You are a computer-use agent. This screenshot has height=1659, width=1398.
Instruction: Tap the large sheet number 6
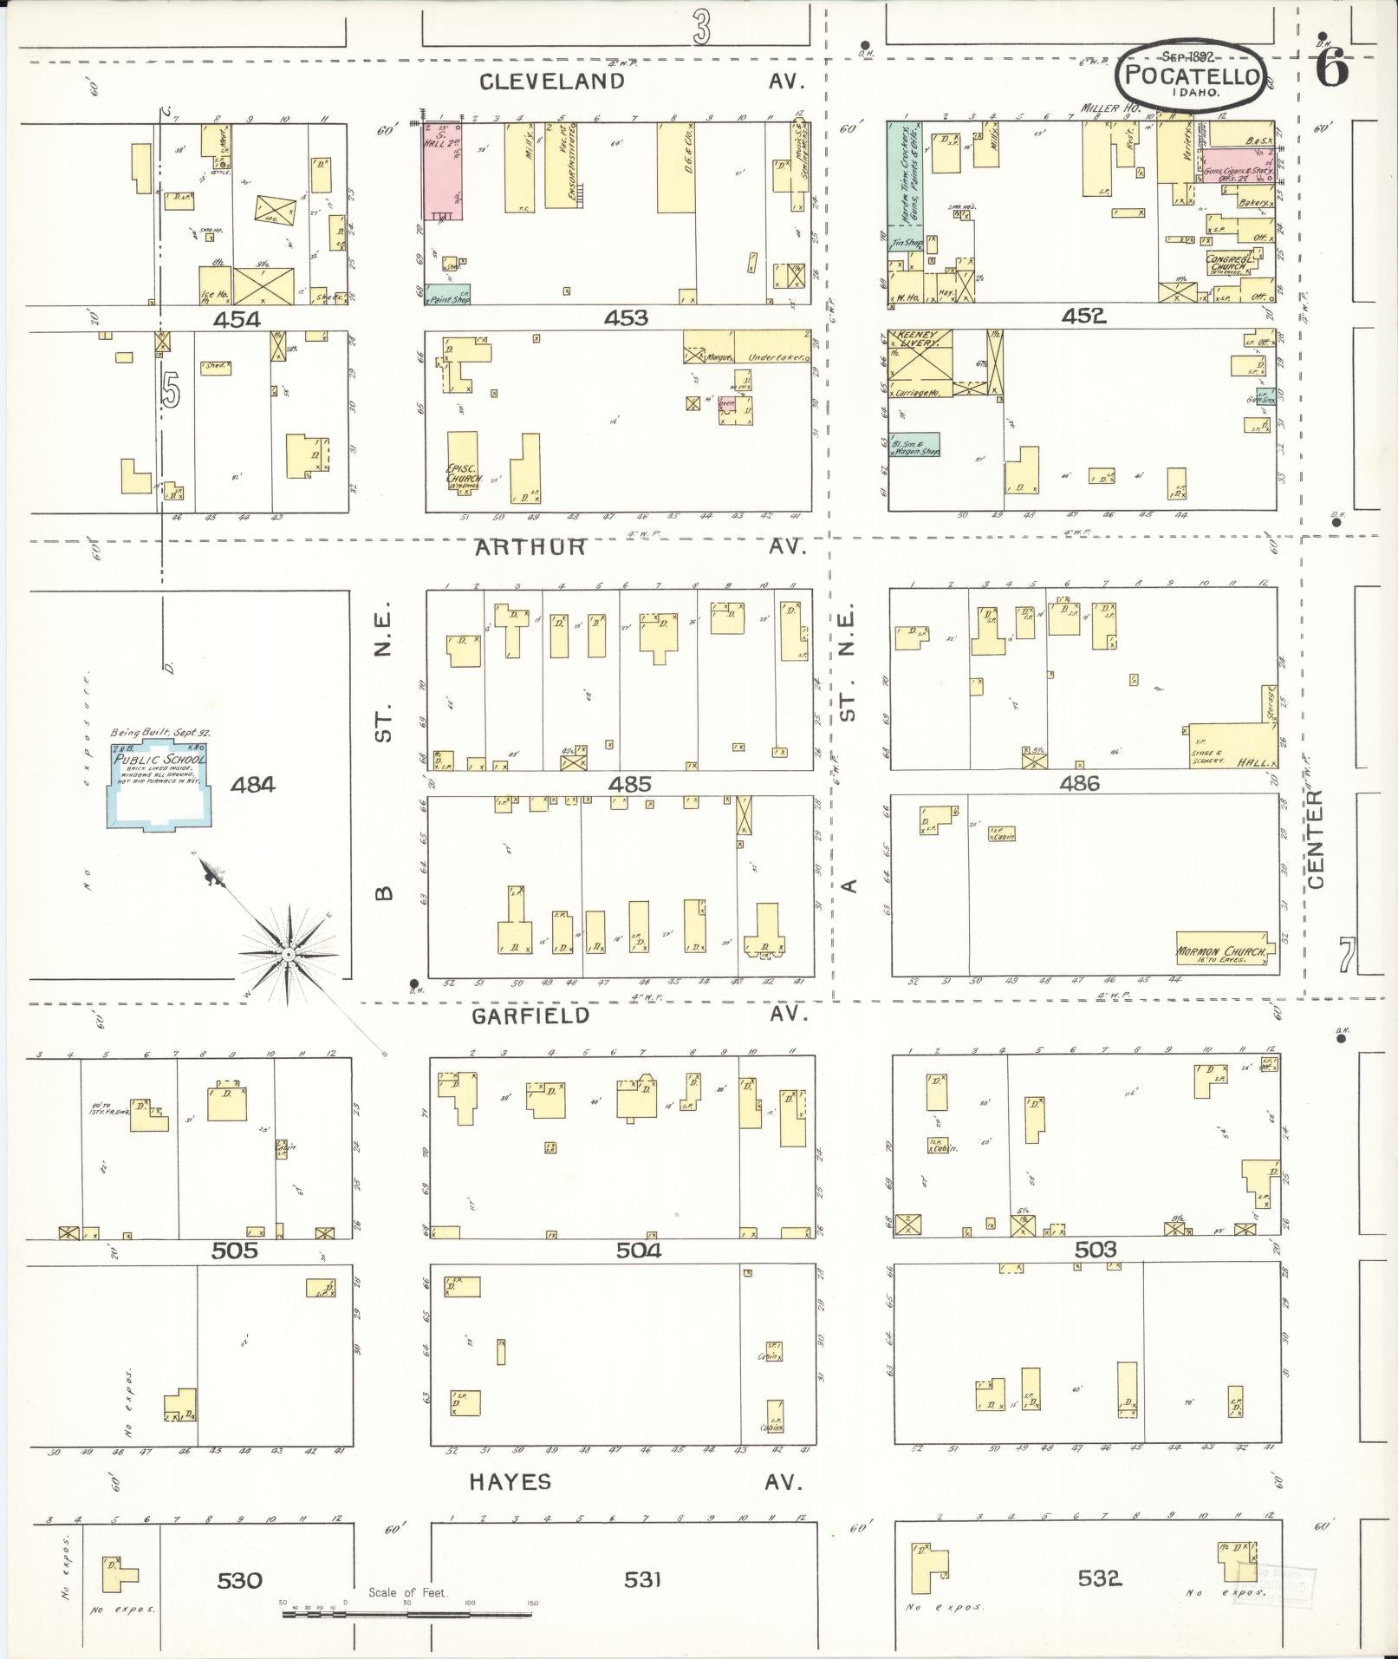click(x=1331, y=69)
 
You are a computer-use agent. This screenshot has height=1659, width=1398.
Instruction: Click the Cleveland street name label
click(x=552, y=82)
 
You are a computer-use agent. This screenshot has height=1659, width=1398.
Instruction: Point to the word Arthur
click(x=530, y=547)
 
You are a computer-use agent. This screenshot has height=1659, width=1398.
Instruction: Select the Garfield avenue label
click(x=530, y=1016)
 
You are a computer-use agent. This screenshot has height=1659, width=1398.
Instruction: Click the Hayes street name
click(x=510, y=1481)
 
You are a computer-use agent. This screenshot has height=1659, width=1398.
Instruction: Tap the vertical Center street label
click(x=1316, y=839)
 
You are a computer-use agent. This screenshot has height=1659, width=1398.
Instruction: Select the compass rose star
click(x=287, y=954)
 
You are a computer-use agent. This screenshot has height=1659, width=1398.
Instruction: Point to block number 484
click(x=252, y=785)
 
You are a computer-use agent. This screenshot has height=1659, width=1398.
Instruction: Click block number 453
click(x=626, y=318)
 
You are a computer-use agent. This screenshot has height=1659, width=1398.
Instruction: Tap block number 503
click(x=1096, y=1250)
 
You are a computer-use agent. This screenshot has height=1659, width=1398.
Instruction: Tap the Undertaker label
click(x=775, y=356)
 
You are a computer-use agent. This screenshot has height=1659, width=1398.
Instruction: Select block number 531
click(x=642, y=1580)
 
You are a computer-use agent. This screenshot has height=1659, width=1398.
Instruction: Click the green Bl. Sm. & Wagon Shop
click(x=914, y=446)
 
